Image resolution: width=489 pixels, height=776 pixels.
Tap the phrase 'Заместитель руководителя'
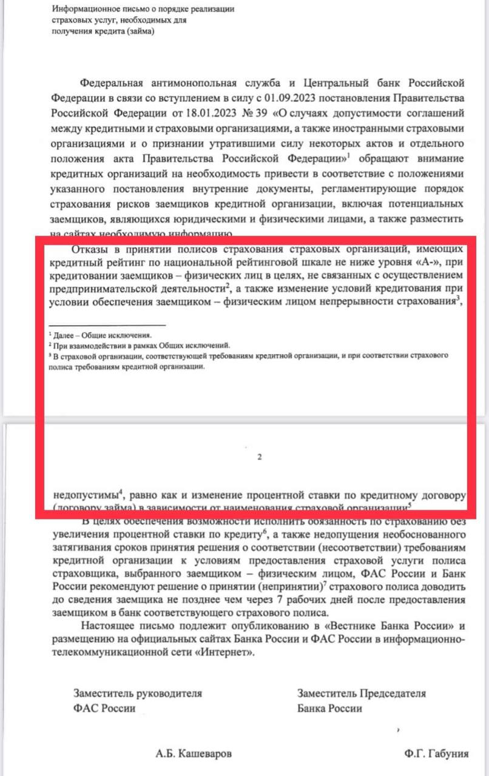pos(138,694)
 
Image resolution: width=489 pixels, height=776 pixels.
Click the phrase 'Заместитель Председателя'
pos(362,694)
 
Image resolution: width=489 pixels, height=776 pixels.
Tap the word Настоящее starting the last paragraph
pos(104,626)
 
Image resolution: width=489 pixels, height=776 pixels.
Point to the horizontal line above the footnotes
pos(107,326)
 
